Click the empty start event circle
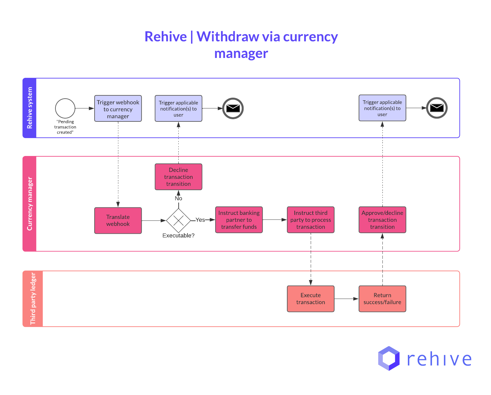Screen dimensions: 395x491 click(65, 108)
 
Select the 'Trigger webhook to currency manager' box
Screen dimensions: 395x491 click(118, 109)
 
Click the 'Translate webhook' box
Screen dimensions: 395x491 click(118, 220)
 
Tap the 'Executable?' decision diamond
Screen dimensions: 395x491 click(178, 220)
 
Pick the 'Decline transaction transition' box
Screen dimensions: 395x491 click(178, 177)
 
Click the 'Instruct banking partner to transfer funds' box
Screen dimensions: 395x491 click(239, 220)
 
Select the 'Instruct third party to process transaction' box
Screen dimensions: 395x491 click(311, 220)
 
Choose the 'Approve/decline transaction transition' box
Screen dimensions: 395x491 click(382, 220)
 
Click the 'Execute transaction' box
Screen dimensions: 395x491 click(311, 299)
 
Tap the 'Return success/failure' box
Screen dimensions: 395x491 click(382, 299)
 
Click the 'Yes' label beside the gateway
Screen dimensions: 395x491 click(200, 220)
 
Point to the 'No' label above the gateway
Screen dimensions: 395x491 click(178, 198)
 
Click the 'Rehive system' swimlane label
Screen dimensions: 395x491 click(30, 108)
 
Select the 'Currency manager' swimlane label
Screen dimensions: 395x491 click(30, 204)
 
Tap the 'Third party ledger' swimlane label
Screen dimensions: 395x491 click(33, 299)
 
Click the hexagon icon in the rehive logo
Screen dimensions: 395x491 click(389, 358)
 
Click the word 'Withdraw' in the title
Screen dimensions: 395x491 click(228, 36)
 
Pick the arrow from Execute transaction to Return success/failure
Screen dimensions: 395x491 click(346, 299)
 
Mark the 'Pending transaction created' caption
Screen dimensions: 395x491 click(65, 127)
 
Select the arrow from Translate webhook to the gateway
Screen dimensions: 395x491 click(154, 220)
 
